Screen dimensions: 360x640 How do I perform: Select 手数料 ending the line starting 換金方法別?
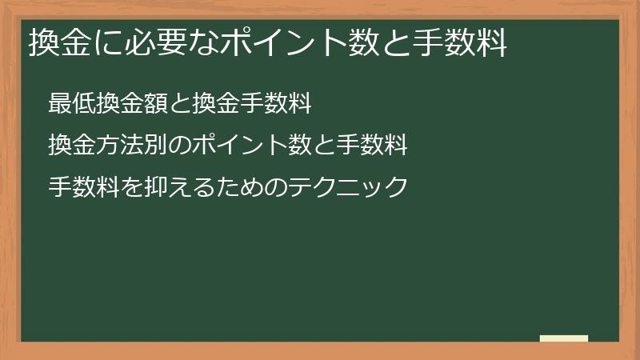coord(378,146)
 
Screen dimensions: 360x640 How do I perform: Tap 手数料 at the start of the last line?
coord(78,187)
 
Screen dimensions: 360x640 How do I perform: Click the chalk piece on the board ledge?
coord(564,339)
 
